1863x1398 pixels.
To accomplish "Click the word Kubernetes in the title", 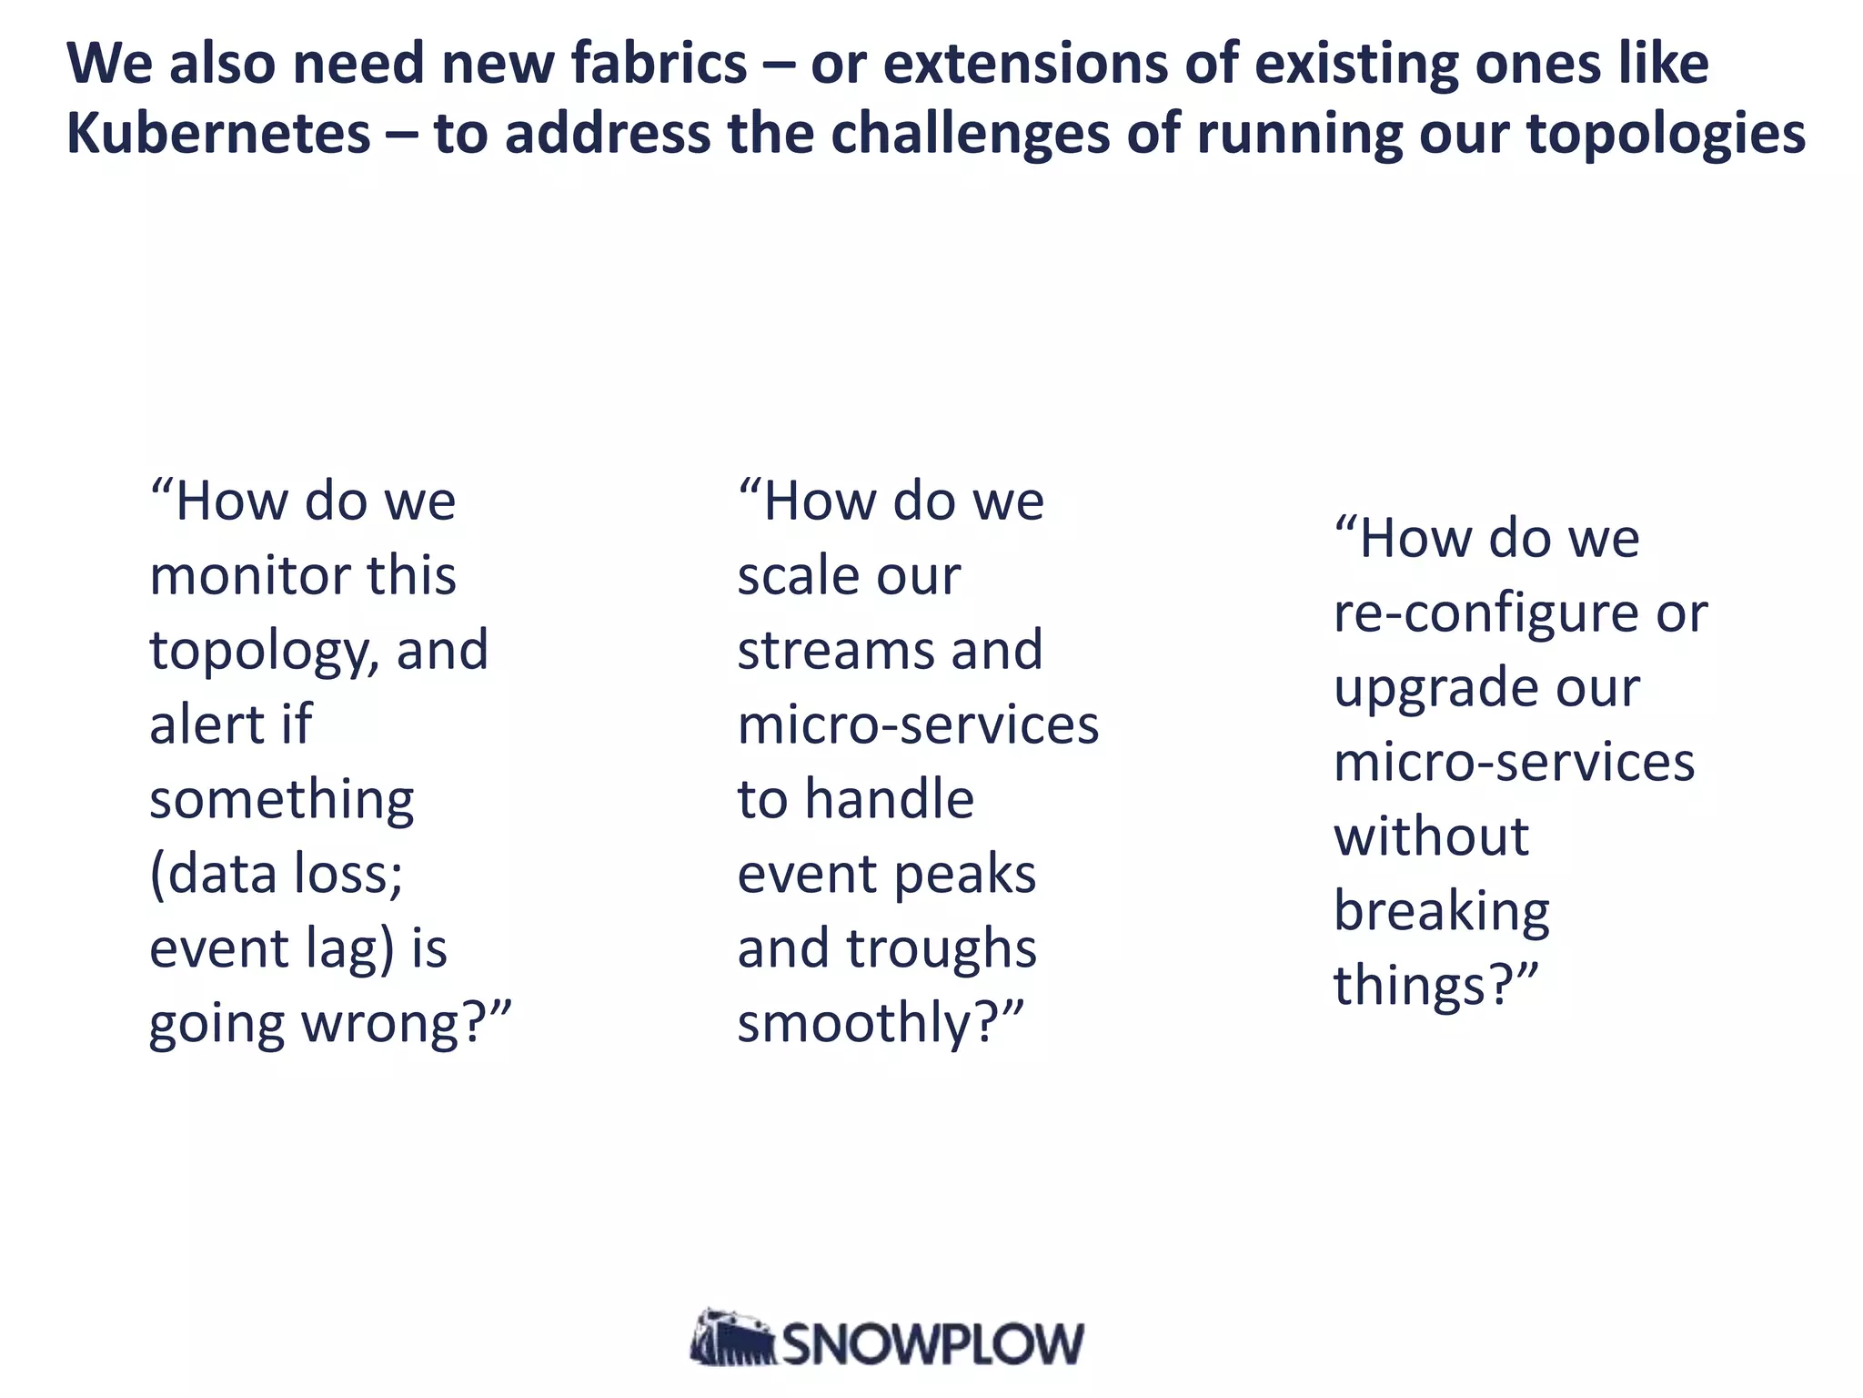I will [218, 134].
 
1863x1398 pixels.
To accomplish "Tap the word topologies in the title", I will [1666, 134].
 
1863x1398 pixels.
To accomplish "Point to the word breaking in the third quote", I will [1441, 912].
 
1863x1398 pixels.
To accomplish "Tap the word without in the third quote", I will [1431, 837].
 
